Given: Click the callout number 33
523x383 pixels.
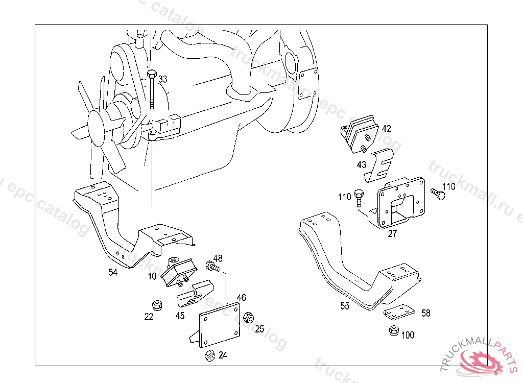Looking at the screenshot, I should [162, 79].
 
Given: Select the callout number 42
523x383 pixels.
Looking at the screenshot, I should [386, 128].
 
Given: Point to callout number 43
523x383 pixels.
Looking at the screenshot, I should [362, 164].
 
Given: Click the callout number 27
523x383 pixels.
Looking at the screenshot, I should [392, 234].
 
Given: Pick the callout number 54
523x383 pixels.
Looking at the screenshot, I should [113, 272].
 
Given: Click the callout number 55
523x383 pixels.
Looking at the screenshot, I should [345, 306].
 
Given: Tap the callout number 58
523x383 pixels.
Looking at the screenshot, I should [425, 313].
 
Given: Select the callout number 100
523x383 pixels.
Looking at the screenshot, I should [408, 336].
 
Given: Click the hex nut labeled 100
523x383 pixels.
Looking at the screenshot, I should [394, 330].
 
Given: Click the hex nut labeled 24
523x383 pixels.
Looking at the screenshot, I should [209, 355].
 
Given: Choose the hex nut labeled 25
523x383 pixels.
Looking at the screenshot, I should [248, 317].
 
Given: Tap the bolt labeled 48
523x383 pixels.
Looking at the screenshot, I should [212, 266].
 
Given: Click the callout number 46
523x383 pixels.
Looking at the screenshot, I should [241, 297].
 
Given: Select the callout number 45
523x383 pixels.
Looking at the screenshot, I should [180, 316].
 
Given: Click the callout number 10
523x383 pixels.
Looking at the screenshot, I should [152, 276].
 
